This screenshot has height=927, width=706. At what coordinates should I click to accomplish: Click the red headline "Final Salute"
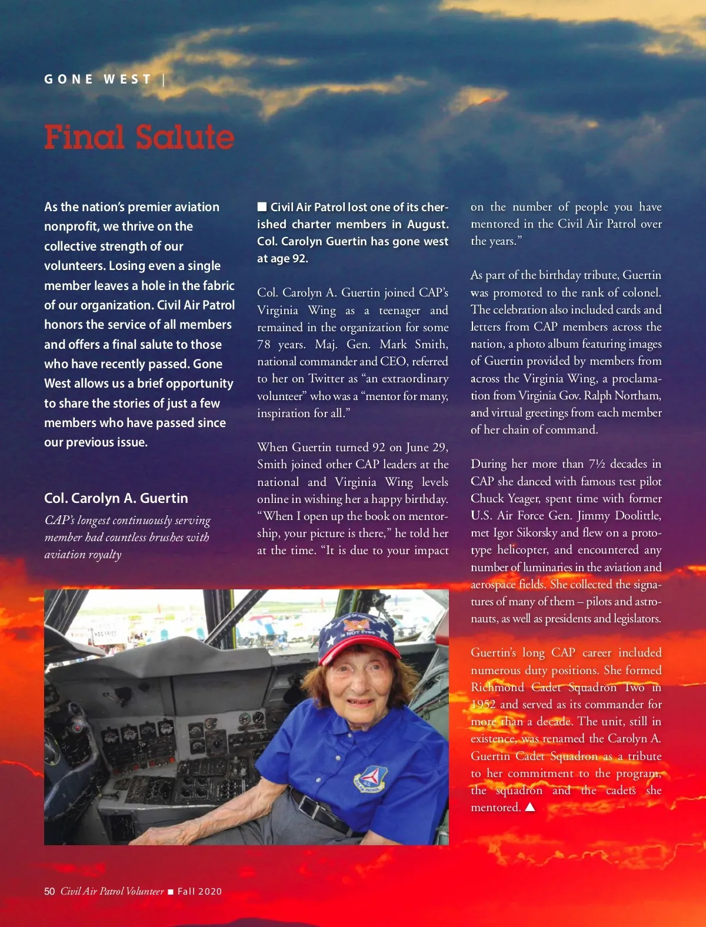point(139,137)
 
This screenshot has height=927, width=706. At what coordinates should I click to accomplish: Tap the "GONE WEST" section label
point(98,79)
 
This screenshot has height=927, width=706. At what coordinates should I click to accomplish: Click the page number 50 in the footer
point(49,891)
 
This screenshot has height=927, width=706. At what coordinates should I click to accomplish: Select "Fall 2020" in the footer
point(199,892)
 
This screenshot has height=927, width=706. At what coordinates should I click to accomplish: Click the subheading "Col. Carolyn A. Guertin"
point(116,498)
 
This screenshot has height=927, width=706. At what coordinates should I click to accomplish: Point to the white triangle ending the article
point(530,807)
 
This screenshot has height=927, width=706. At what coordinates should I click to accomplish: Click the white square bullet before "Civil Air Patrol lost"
point(262,206)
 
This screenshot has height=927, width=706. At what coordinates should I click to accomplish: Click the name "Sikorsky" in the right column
point(535,532)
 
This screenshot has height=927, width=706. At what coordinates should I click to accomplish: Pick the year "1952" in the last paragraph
point(483,704)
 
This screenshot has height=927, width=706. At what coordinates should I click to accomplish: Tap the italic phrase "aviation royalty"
point(83,554)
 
